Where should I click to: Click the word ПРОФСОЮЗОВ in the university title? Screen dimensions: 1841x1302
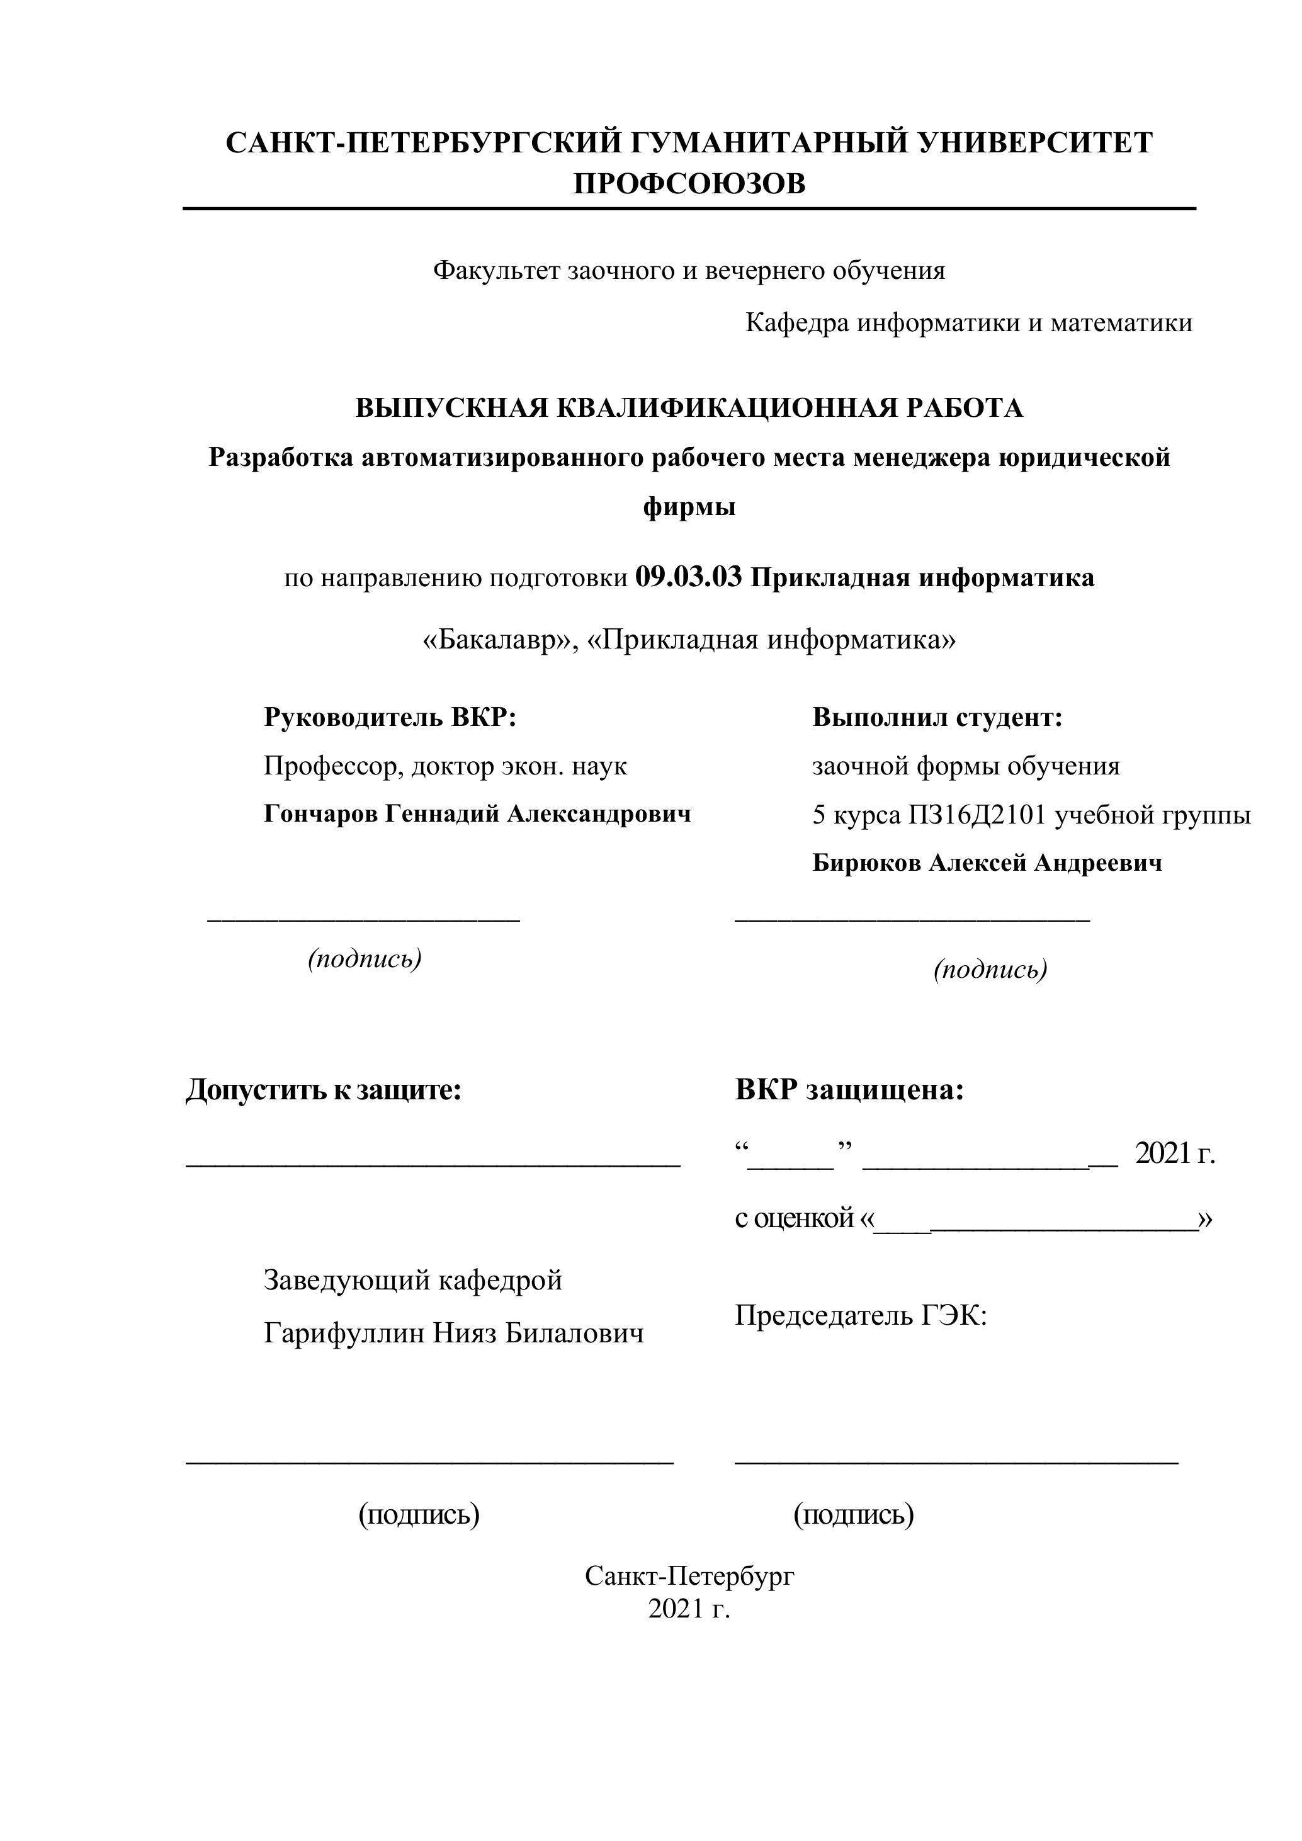689,184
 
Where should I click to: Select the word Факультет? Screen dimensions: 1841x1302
497,271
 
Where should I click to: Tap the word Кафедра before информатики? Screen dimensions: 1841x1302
797,323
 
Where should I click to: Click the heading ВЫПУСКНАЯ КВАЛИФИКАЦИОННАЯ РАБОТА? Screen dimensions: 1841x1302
689,408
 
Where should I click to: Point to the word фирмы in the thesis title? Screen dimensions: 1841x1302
689,507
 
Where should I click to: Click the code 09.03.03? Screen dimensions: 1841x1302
688,577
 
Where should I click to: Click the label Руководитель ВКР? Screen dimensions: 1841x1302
390,717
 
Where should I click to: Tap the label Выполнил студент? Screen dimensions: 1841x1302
937,717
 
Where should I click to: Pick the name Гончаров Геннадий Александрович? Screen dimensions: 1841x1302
477,814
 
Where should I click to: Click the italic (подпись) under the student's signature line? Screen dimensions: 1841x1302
990,970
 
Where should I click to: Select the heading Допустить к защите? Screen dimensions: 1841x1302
324,1090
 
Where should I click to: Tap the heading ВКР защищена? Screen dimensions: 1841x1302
849,1090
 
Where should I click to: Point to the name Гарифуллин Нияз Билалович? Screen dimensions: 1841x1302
454,1334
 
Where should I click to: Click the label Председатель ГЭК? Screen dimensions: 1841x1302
860,1316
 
